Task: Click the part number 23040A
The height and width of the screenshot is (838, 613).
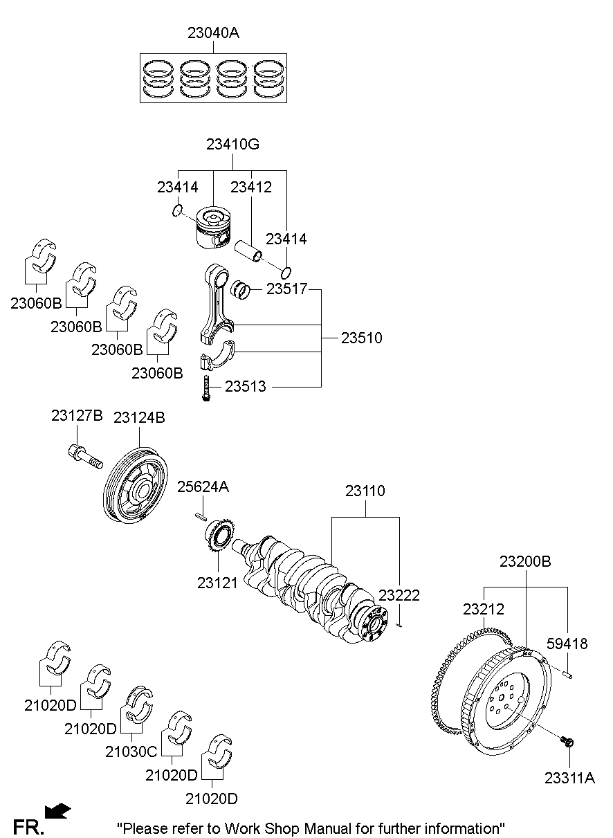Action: pos(213,33)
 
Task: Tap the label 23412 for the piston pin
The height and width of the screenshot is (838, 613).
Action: pos(251,187)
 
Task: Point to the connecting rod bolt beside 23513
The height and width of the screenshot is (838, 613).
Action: pos(205,388)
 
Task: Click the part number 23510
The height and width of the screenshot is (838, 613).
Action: pos(361,338)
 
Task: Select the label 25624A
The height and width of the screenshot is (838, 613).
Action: pos(203,487)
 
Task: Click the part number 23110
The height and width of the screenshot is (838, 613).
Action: pos(365,491)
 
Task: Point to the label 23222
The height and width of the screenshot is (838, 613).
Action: pos(399,595)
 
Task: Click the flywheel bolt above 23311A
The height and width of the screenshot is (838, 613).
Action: pos(568,743)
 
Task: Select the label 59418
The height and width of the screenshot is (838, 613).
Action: pos(567,644)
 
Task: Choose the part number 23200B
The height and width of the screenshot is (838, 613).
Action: pos(525,562)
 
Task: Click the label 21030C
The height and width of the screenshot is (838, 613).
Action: pos(131,751)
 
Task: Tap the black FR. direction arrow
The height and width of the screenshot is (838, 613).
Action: pos(57,810)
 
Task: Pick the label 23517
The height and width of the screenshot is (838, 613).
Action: pos(286,290)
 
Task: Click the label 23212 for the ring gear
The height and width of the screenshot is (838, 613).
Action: pos(484,610)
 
